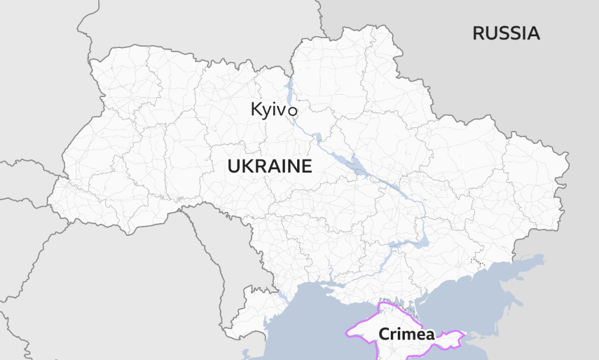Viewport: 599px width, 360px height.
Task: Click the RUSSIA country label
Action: point(506,33)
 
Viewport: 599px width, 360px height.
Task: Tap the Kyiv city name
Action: point(268,109)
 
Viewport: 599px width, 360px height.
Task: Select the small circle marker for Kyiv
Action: point(292,111)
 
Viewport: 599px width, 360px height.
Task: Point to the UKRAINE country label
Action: point(270,167)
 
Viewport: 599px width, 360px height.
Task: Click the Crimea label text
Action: point(407,334)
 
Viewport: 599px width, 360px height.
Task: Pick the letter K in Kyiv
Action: point(256,109)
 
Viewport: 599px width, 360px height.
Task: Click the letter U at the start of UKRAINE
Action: point(233,167)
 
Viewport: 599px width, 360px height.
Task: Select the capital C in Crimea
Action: point(384,334)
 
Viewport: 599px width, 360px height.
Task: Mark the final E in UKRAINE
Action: point(307,167)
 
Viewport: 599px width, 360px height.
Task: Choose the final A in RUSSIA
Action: point(533,33)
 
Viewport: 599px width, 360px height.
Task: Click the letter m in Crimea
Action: point(408,335)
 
